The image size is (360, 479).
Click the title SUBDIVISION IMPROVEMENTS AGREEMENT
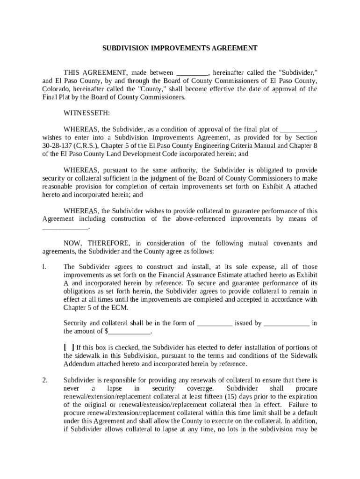[180, 48]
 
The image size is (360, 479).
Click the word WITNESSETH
[87, 113]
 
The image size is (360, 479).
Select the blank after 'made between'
[192, 73]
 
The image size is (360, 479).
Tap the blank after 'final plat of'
[298, 130]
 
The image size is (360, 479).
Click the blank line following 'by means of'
[65, 227]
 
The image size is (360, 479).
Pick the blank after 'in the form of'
[215, 323]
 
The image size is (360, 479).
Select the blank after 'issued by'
[286, 323]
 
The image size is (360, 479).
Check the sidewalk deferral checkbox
[69, 347]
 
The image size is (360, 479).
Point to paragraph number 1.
[44, 267]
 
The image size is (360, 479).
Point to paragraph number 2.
[45, 380]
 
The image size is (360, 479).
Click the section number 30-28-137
[58, 145]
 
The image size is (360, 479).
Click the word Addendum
[79, 364]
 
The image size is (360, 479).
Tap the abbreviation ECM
[119, 308]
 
